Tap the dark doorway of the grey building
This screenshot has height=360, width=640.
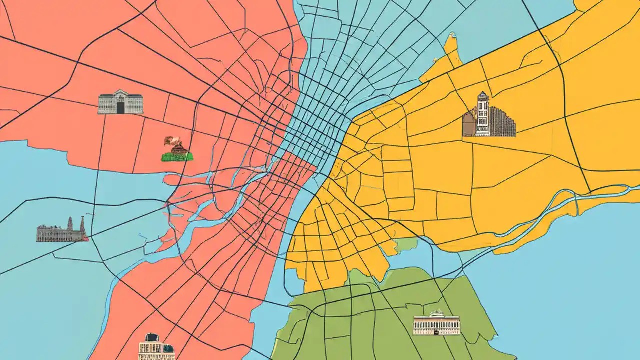point(120,107)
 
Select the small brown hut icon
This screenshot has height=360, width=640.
point(179,148)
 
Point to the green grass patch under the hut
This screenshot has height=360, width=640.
point(177,157)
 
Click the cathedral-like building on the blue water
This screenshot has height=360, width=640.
point(61,232)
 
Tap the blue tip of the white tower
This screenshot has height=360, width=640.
point(482,93)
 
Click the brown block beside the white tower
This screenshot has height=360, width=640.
point(468,125)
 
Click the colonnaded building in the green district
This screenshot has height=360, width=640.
point(436,325)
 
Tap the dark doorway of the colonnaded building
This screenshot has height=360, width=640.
point(436,330)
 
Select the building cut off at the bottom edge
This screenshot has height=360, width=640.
point(156,347)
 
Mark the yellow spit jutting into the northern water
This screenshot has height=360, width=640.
point(452,50)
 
